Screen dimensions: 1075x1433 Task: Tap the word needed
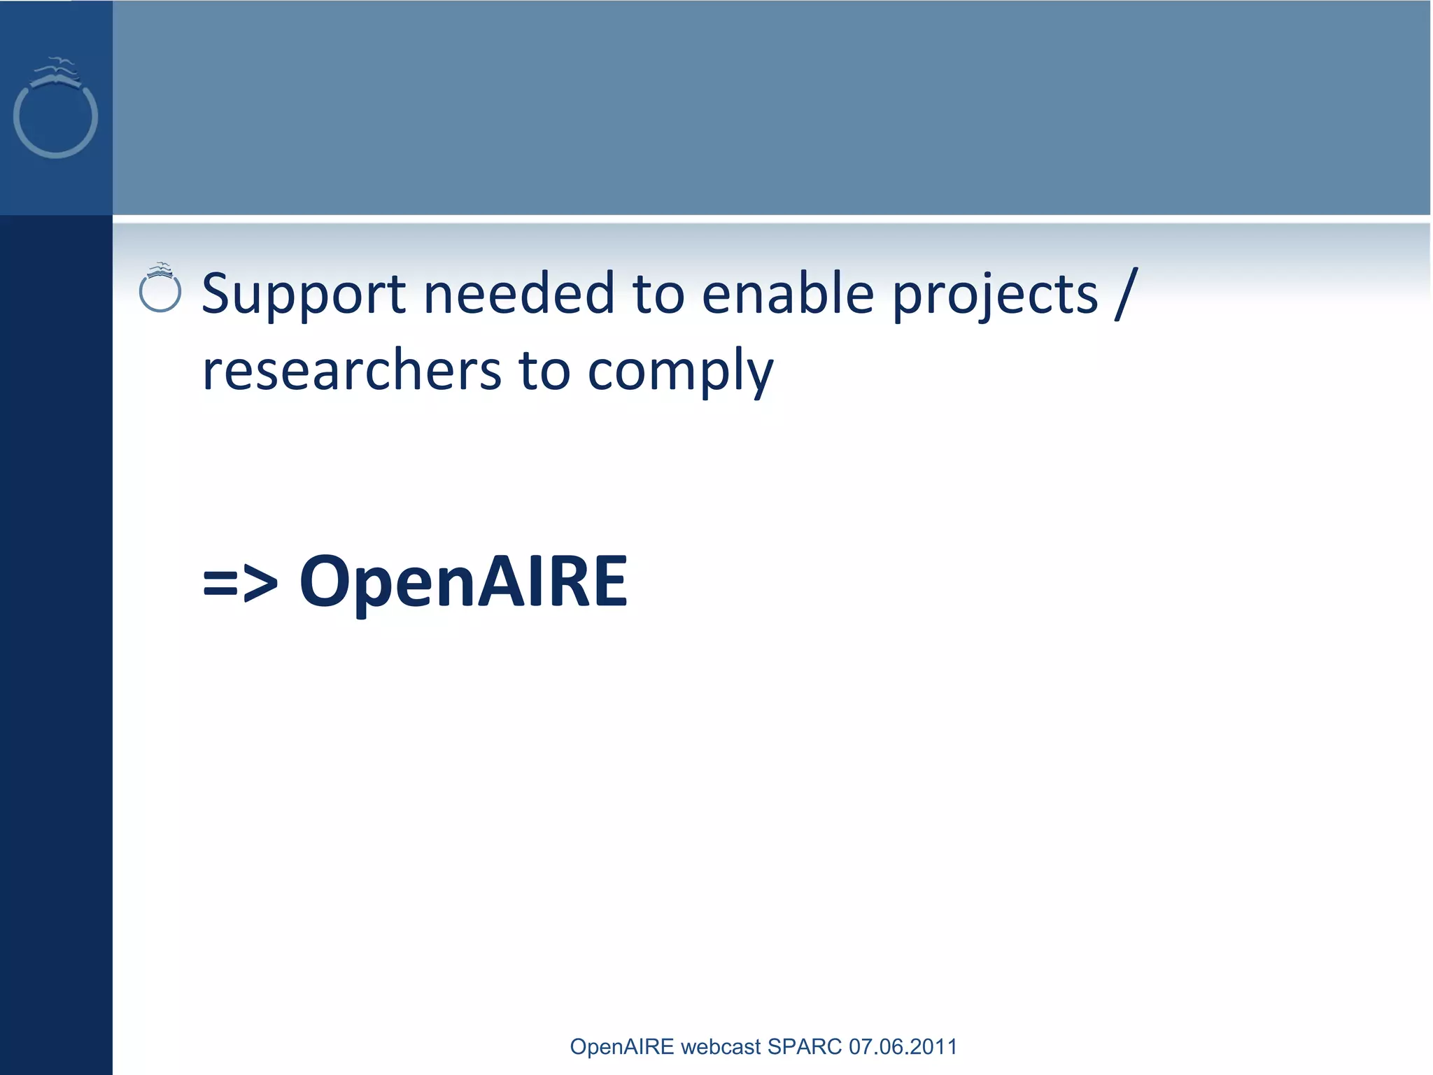518,294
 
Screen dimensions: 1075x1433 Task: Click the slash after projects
1126,294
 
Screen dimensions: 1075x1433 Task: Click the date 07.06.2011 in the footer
903,1046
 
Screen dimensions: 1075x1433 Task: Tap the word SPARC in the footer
805,1046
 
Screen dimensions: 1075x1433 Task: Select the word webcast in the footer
720,1046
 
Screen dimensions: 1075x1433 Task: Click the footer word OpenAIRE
622,1046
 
